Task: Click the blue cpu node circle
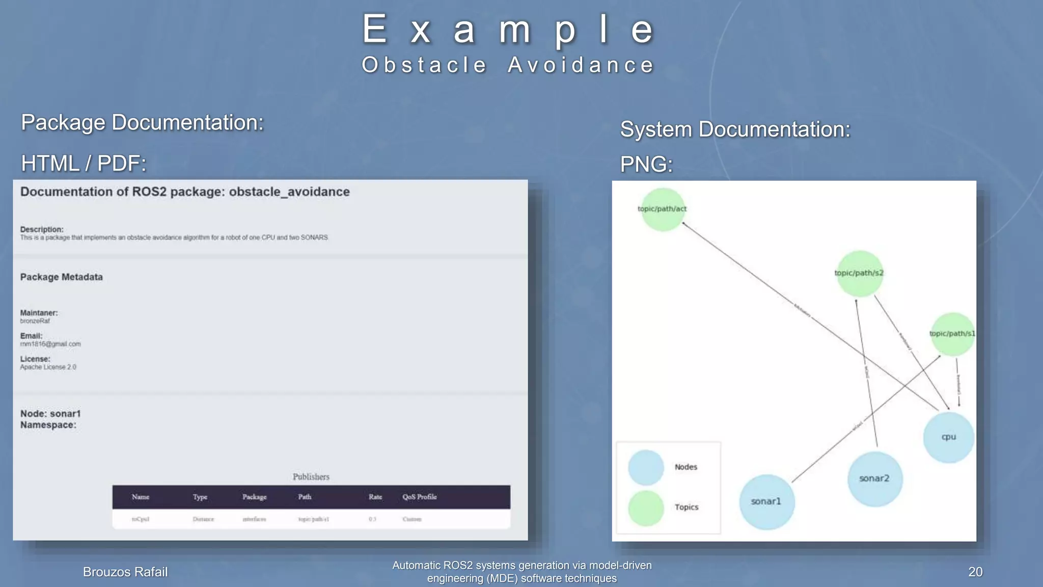(948, 437)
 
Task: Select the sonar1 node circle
(766, 502)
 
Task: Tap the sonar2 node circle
(874, 478)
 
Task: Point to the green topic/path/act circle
(662, 209)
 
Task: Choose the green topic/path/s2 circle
(859, 274)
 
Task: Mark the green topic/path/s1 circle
(952, 334)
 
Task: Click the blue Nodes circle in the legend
(646, 467)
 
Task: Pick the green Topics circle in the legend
(646, 508)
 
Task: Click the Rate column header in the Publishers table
(375, 497)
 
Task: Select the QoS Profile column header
(419, 497)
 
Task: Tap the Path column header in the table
(305, 497)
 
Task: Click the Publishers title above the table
(311, 477)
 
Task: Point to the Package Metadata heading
(62, 277)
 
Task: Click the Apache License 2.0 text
(48, 367)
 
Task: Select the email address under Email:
(50, 344)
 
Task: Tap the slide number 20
(975, 572)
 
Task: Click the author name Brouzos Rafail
(125, 572)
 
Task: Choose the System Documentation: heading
(735, 129)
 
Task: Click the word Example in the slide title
(508, 30)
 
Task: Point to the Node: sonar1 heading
(50, 414)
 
